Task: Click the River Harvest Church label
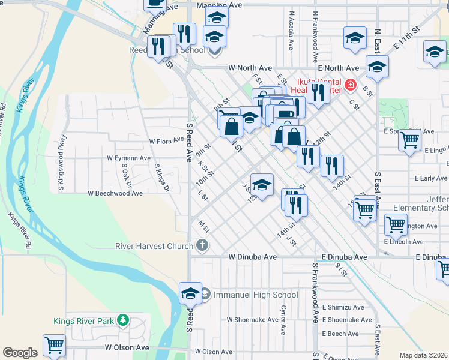tap(154, 245)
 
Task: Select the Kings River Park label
tap(83, 321)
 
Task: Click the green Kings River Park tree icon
tap(123, 320)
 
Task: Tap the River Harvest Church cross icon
tap(202, 245)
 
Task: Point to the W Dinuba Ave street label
tap(252, 257)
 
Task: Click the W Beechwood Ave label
tap(115, 194)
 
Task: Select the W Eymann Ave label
tap(128, 158)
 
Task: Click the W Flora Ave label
tap(166, 141)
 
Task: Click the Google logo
tap(20, 353)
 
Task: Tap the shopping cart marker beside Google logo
tap(54, 346)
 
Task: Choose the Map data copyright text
tap(423, 355)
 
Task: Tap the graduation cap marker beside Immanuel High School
tap(190, 293)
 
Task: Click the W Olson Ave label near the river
tap(127, 347)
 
